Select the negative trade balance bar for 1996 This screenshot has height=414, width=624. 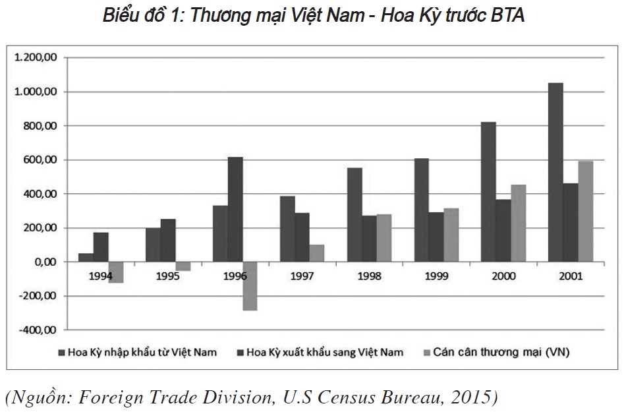pos(250,285)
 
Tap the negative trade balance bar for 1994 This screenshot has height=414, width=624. pos(116,272)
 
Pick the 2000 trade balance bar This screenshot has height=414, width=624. pos(519,223)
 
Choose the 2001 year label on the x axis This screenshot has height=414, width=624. pos(569,276)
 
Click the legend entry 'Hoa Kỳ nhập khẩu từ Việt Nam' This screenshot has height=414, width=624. pos(142,352)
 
